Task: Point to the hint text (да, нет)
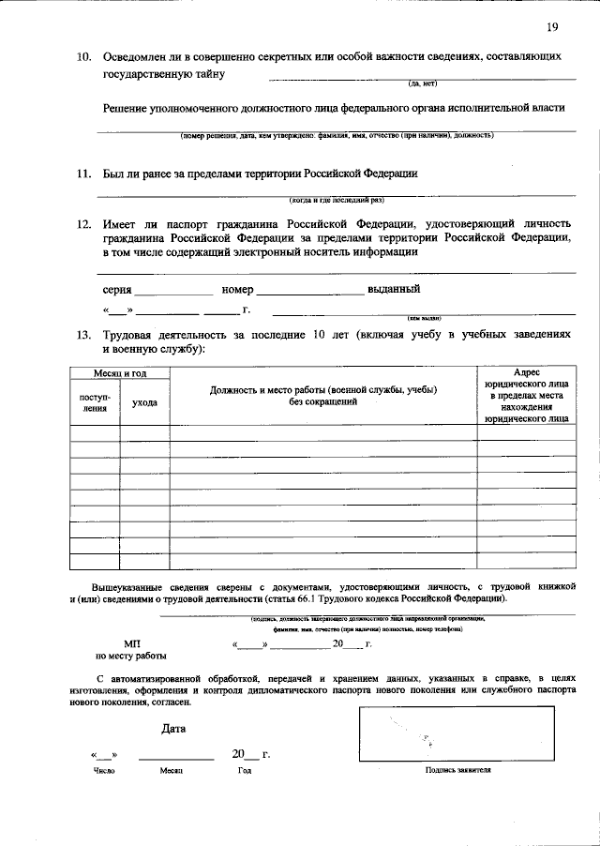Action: pos(417,84)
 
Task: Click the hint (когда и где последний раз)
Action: pos(337,200)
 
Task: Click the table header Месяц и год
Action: pos(119,373)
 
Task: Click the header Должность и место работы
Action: pos(323,395)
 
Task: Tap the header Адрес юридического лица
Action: pos(527,397)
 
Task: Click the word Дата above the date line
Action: pos(173,728)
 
